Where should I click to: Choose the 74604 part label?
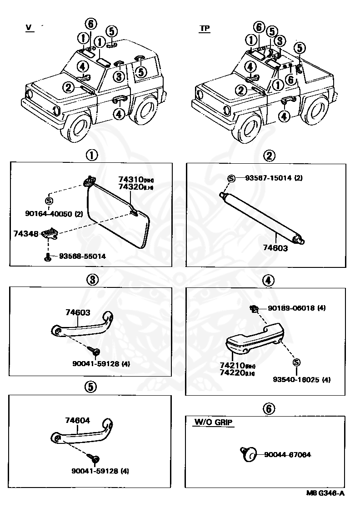tap(77, 421)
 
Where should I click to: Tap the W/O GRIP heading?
tap(213, 422)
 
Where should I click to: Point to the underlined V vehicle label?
tap(28, 28)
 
